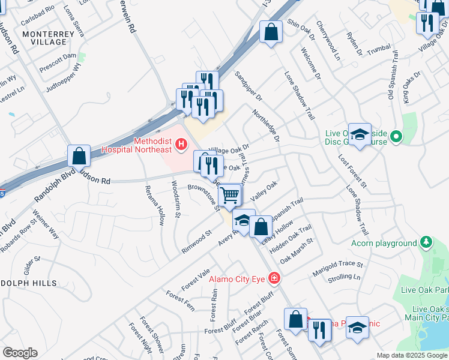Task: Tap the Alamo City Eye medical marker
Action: pyautogui.click(x=274, y=278)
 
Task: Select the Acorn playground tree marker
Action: pyautogui.click(x=426, y=242)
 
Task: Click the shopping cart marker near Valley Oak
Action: pyautogui.click(x=229, y=195)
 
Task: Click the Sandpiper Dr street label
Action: pyautogui.click(x=249, y=88)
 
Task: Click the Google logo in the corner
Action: pyautogui.click(x=20, y=353)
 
